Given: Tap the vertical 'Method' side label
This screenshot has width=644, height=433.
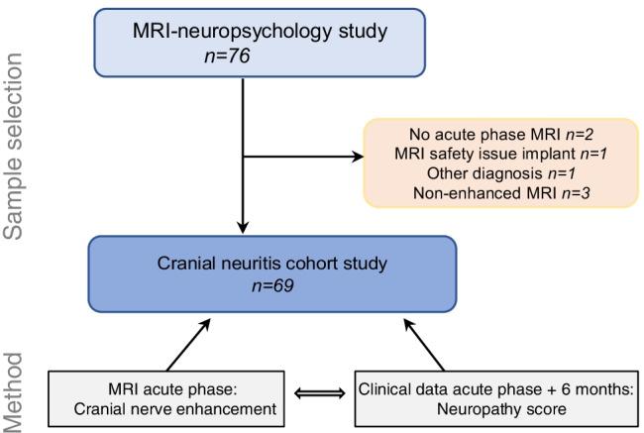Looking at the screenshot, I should [14, 390].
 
